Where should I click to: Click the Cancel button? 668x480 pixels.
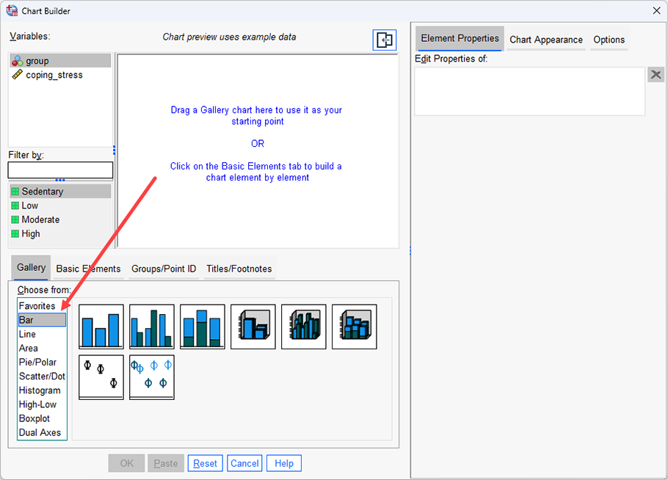[244, 463]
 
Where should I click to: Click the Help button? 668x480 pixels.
[284, 463]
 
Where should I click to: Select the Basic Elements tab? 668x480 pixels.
[88, 269]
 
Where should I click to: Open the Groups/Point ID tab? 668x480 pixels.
[164, 269]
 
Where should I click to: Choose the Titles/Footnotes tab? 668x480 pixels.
[239, 269]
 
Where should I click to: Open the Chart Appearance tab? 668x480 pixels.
[546, 40]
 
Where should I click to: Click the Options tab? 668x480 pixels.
[609, 40]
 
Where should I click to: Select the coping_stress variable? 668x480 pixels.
[54, 75]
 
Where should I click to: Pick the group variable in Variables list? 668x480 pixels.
[37, 61]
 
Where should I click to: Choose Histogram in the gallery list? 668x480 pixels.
[40, 390]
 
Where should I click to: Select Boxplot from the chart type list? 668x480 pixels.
[35, 418]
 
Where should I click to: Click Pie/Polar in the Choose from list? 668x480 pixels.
[37, 362]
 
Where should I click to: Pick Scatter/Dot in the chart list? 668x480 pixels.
[42, 376]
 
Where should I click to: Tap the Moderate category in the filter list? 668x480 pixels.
[40, 219]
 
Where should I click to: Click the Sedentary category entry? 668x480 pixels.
[43, 192]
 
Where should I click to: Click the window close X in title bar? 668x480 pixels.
[656, 10]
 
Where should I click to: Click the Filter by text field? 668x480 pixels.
[60, 170]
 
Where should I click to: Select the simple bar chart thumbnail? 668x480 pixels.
[101, 327]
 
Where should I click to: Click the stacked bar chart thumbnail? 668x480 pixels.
[203, 327]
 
